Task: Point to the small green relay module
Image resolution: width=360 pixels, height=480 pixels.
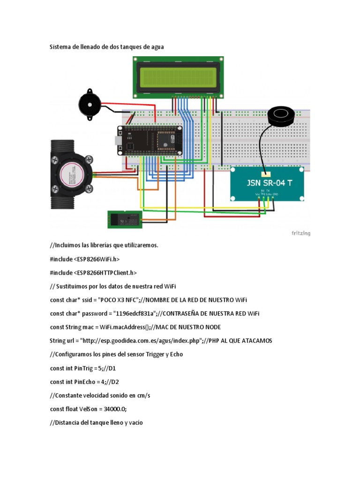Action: tap(124, 219)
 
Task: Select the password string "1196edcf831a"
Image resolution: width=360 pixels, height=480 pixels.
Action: tap(136, 313)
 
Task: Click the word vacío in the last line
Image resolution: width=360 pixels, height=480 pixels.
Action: tap(133, 422)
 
